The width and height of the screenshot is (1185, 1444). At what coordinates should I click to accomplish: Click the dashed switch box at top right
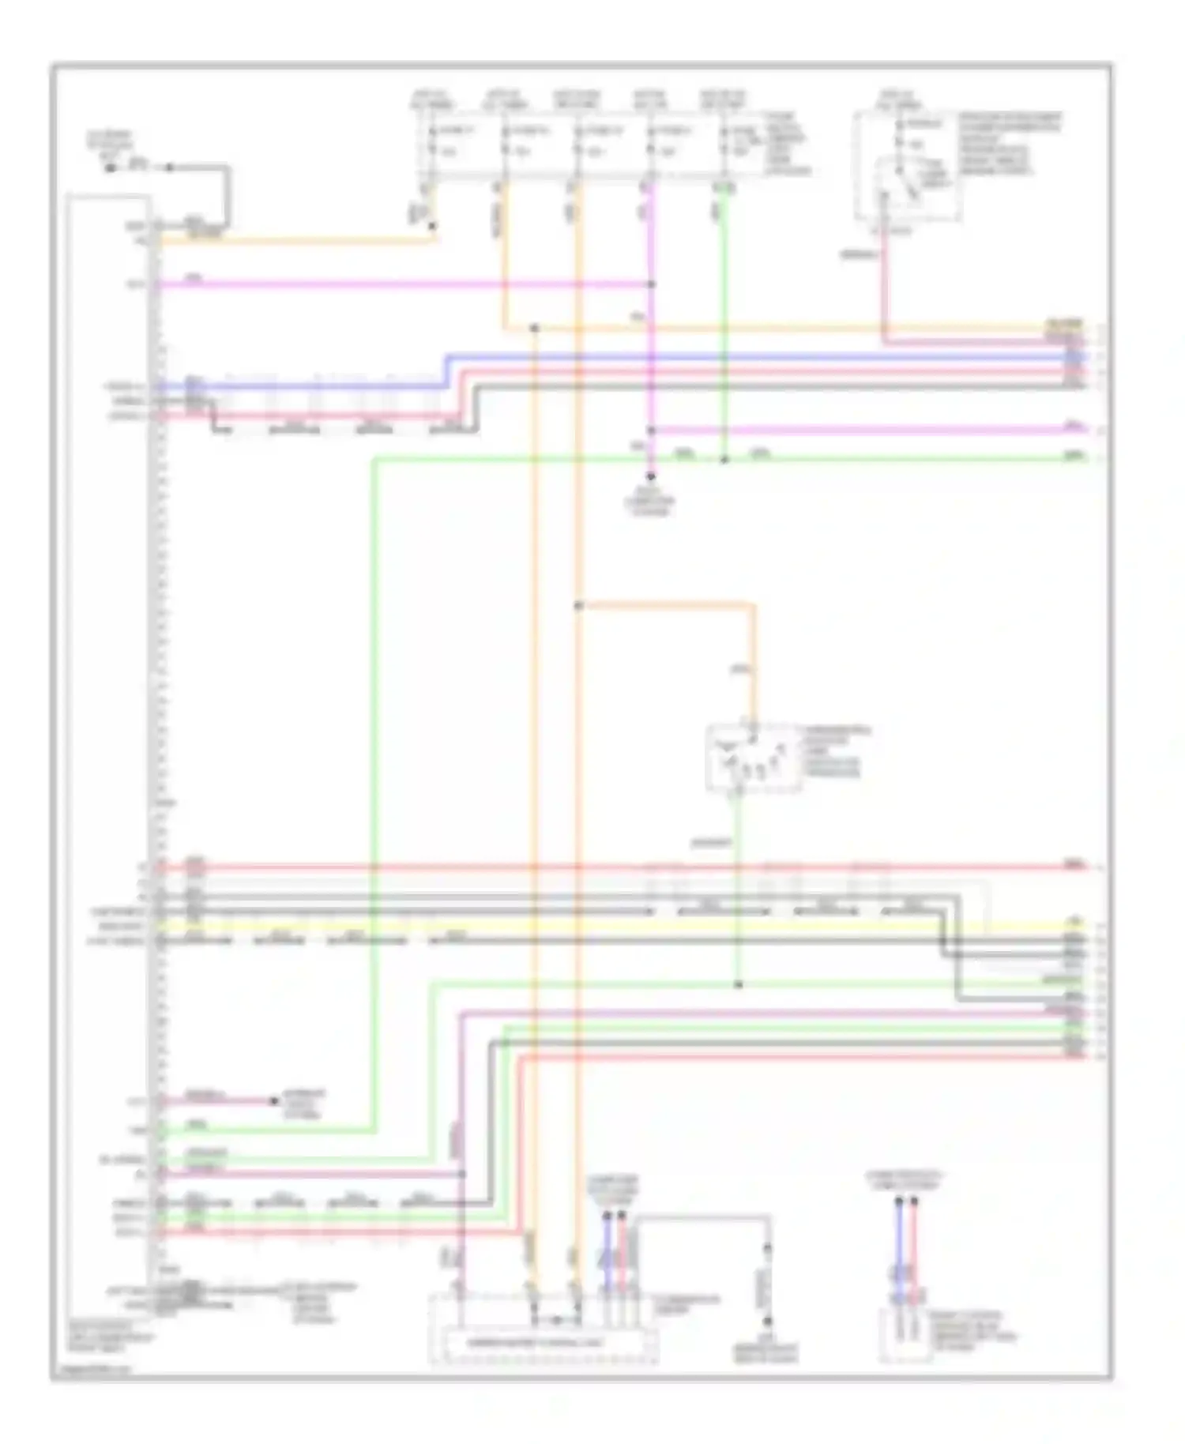pos(907,167)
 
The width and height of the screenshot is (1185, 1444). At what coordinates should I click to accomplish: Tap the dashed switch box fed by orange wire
pos(753,758)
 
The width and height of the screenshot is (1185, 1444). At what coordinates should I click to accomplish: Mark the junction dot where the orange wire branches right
pos(578,606)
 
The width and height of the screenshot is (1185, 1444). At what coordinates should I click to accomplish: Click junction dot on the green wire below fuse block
pos(724,459)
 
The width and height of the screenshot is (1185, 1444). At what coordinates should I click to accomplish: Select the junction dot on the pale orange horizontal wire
pos(534,328)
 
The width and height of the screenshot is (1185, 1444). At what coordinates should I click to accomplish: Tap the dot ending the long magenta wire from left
pos(651,284)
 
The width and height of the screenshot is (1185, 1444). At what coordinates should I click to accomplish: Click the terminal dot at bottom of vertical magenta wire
pos(651,477)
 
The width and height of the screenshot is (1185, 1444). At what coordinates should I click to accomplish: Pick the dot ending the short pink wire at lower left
pos(274,1101)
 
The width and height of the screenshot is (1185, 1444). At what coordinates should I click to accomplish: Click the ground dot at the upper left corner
pos(111,167)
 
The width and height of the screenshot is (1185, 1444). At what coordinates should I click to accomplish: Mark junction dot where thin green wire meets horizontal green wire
pos(739,985)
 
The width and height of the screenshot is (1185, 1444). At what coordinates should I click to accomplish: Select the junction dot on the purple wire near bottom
pos(462,1175)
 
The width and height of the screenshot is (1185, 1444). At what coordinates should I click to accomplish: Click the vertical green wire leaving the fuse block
pos(724,316)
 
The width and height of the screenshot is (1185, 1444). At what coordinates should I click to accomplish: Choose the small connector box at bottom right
pos(906,1334)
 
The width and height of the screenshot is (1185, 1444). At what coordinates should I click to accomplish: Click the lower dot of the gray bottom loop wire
pos(766,1322)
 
